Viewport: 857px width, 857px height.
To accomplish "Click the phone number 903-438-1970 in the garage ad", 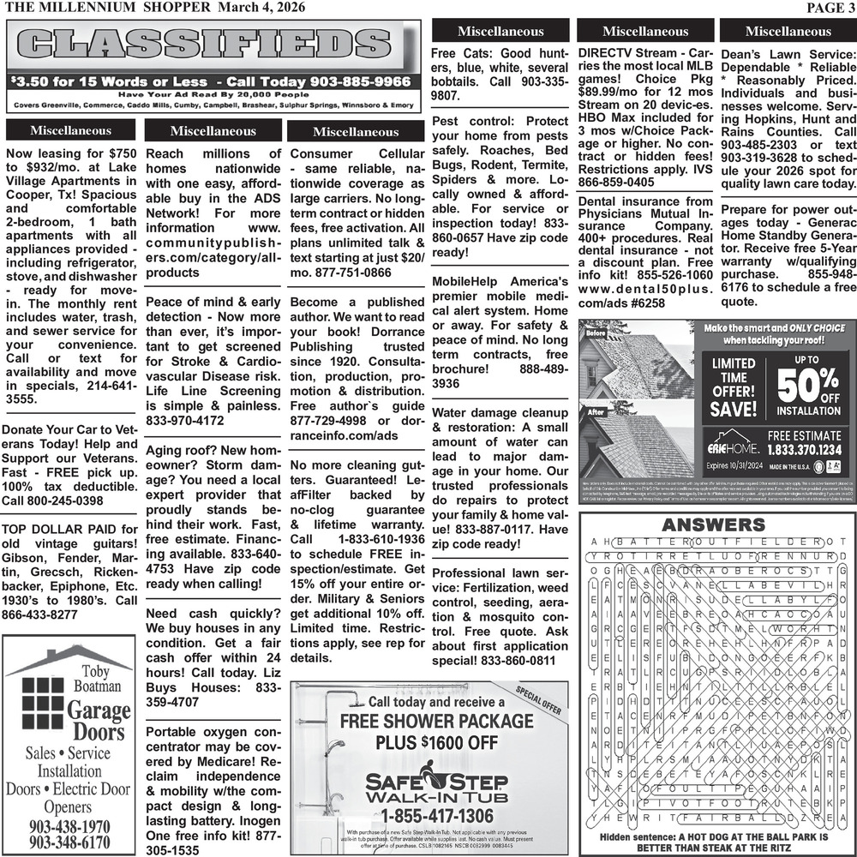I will [x=69, y=826].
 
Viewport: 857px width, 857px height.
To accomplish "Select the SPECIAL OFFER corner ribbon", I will [x=539, y=700].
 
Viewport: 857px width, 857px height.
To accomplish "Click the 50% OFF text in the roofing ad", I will [x=808, y=388].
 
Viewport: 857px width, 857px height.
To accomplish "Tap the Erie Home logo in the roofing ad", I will [x=728, y=447].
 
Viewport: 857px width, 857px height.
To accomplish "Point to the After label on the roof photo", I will [x=596, y=412].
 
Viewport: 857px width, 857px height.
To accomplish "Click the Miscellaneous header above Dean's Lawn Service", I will [x=788, y=32].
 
